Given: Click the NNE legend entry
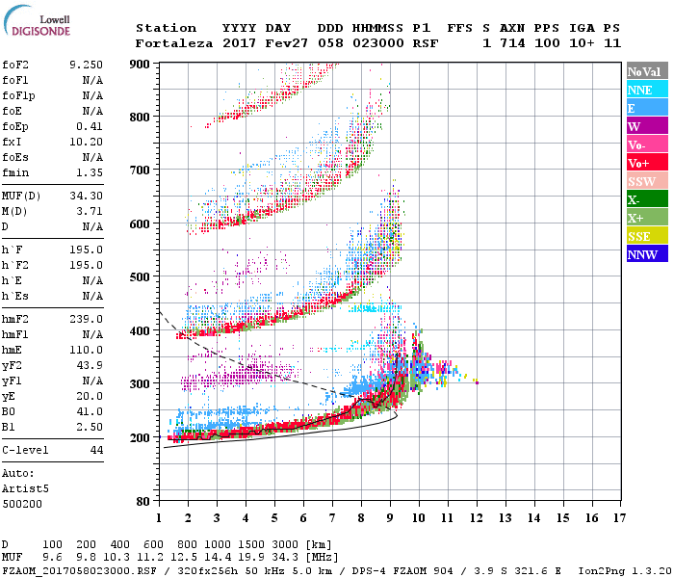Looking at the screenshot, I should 640,90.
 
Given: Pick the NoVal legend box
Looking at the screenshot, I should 642,71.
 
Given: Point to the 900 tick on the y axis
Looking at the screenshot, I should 140,65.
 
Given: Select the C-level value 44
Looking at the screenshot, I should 96,450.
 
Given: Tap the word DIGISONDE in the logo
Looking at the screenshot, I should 36,30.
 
